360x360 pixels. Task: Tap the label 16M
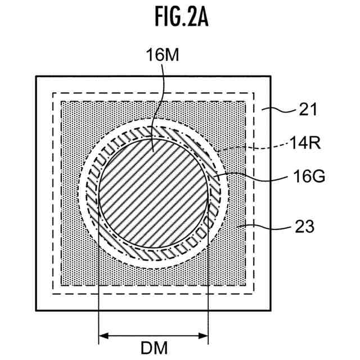tap(162, 55)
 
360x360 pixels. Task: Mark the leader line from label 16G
tap(253, 178)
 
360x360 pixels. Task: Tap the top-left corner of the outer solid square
tap(37, 76)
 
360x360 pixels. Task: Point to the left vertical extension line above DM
tap(99, 281)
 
